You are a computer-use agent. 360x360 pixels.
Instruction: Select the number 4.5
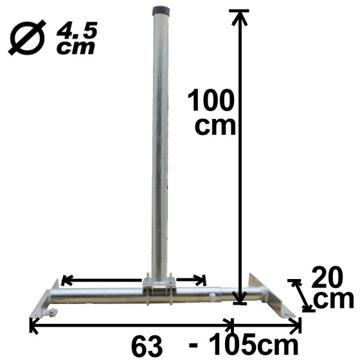coord(75,30)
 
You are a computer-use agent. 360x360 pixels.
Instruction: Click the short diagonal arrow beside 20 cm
coord(300,295)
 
